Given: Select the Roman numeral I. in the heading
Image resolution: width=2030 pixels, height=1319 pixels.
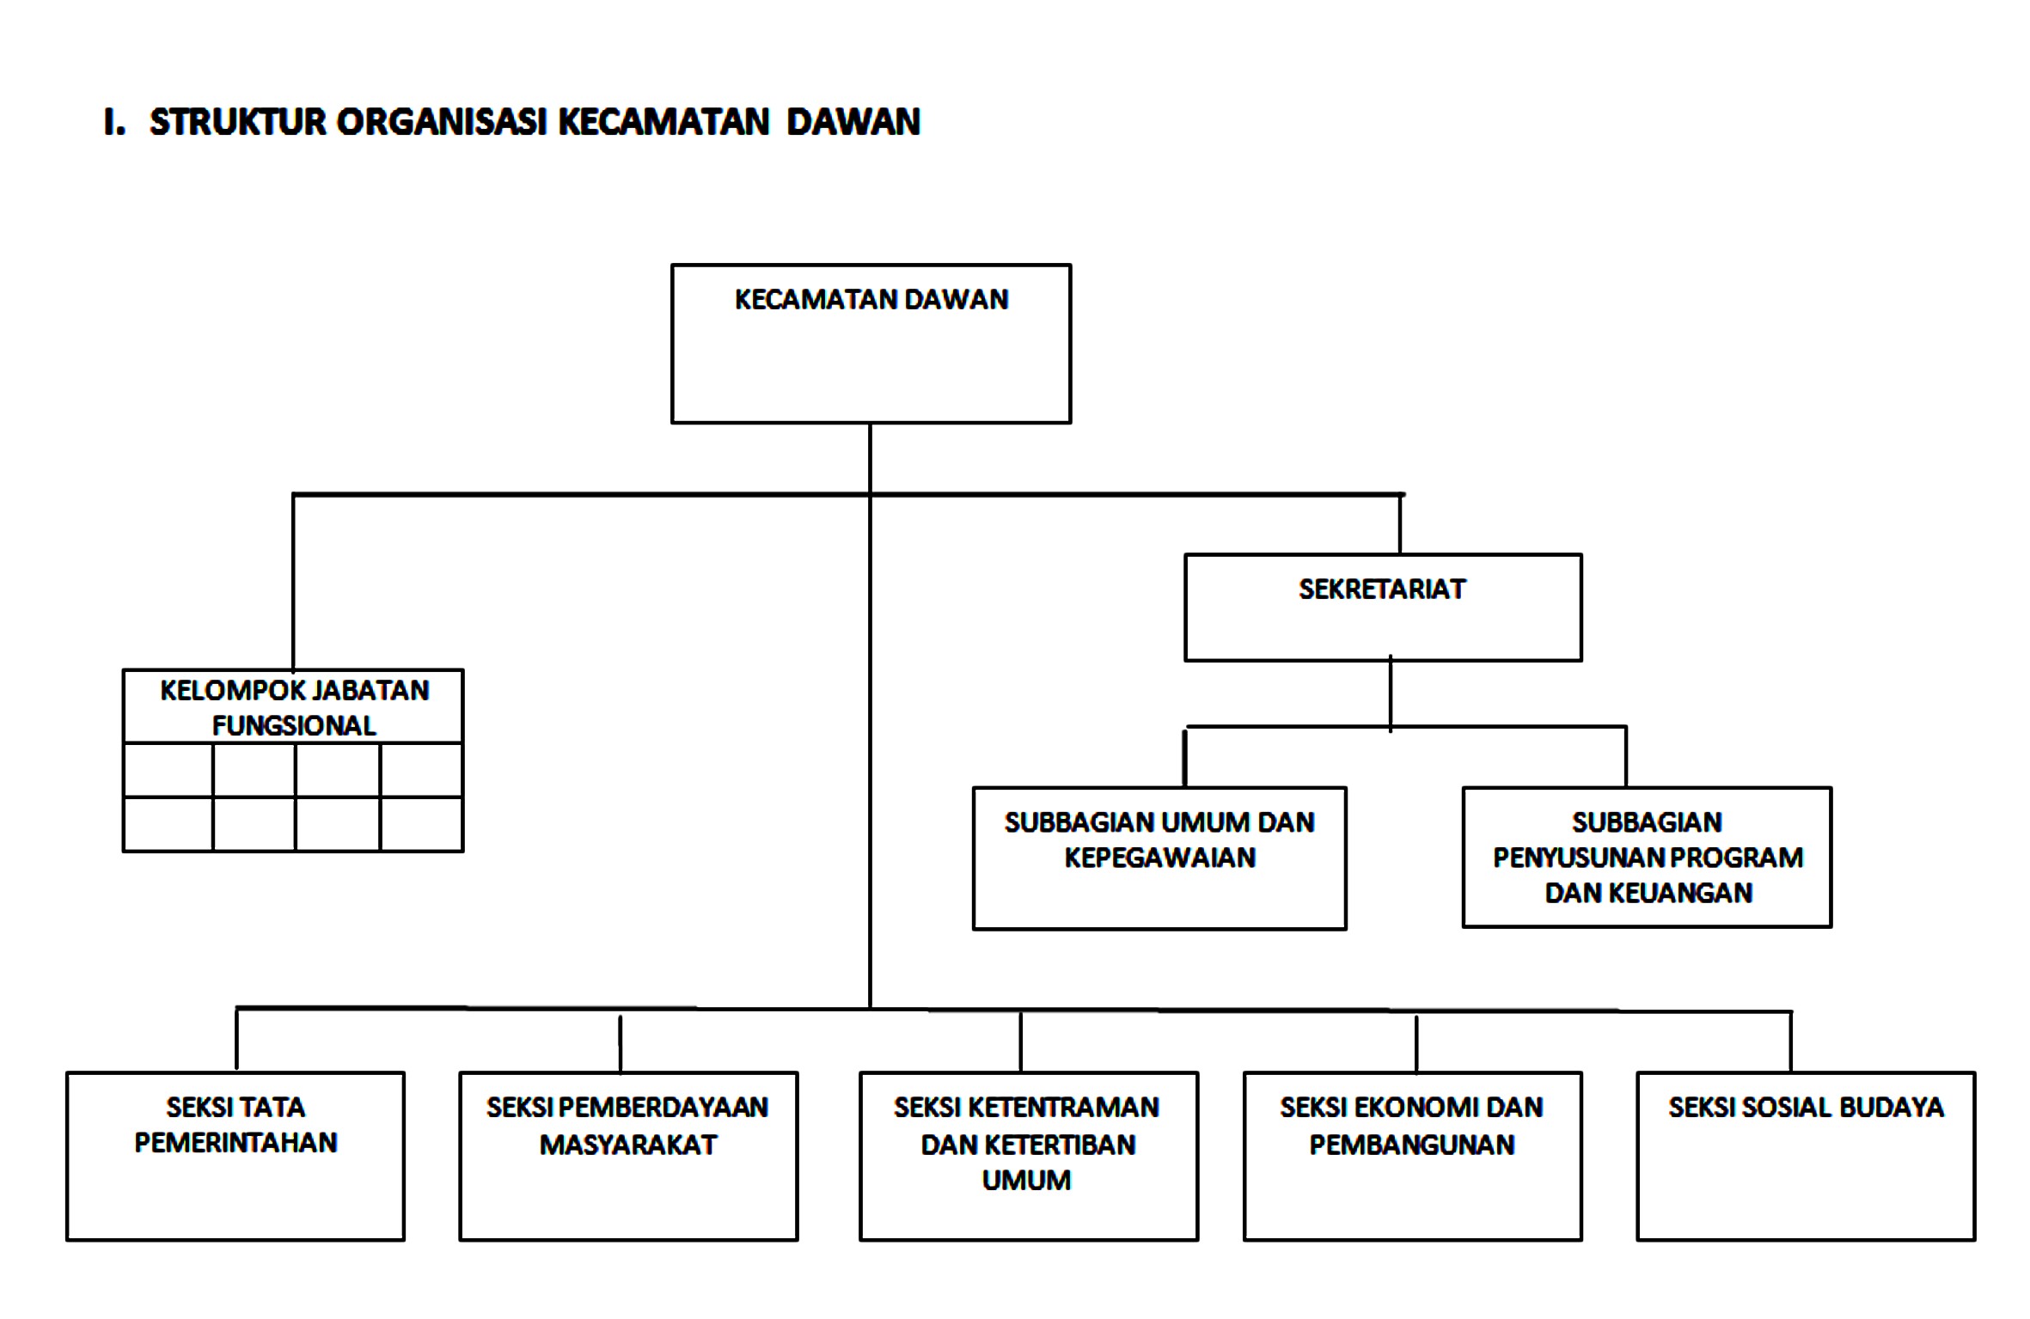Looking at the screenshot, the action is pyautogui.click(x=114, y=122).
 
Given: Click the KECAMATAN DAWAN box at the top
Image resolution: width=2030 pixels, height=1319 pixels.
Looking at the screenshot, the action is pyautogui.click(x=871, y=344).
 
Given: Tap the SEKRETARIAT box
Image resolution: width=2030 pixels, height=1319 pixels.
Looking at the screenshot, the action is pyautogui.click(x=1383, y=608).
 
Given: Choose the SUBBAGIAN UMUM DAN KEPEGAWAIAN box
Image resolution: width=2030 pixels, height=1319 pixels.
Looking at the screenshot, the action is pyautogui.click(x=1159, y=858).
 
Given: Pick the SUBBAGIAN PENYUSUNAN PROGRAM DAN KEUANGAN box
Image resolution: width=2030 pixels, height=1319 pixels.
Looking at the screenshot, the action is pyautogui.click(x=1648, y=858).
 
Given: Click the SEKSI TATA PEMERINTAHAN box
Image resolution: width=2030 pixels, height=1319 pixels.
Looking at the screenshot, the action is pyautogui.click(x=235, y=1157).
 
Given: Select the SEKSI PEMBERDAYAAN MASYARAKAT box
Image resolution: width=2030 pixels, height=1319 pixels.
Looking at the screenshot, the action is pyautogui.click(x=628, y=1157).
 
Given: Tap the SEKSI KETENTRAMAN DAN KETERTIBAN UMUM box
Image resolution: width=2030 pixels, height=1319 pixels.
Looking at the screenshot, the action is pyautogui.click(x=1029, y=1157).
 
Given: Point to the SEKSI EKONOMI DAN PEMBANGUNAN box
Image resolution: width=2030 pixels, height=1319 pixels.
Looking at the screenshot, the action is pyautogui.click(x=1413, y=1157).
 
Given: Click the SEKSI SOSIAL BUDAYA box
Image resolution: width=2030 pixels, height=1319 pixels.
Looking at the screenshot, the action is pyautogui.click(x=1806, y=1157).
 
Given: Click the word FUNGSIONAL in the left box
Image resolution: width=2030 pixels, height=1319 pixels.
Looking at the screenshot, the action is pyautogui.click(x=294, y=726).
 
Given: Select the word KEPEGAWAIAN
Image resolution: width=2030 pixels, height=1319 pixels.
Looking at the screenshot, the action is pyautogui.click(x=1160, y=858).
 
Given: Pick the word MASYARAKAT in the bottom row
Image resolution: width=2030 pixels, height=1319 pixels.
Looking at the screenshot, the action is pyautogui.click(x=628, y=1145).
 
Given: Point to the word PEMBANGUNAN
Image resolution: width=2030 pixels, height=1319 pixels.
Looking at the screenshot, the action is pyautogui.click(x=1412, y=1145).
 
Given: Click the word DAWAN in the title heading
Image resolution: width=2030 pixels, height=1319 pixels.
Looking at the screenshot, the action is pyautogui.click(x=853, y=122).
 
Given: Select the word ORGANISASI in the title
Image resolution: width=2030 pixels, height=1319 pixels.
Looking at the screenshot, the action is pyautogui.click(x=442, y=122).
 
